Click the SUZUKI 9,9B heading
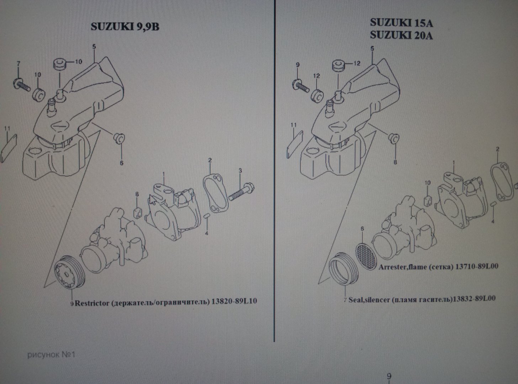(125, 27)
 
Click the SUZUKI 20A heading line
(401, 36)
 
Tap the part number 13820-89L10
(234, 301)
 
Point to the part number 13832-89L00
(474, 299)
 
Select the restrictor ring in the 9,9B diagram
(69, 272)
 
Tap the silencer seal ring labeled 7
(344, 269)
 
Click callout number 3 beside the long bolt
(240, 171)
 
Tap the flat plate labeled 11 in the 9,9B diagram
(9, 148)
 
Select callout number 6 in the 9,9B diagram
(121, 163)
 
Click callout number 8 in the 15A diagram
(395, 162)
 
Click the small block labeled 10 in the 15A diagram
(428, 201)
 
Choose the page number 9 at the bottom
(389, 376)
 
